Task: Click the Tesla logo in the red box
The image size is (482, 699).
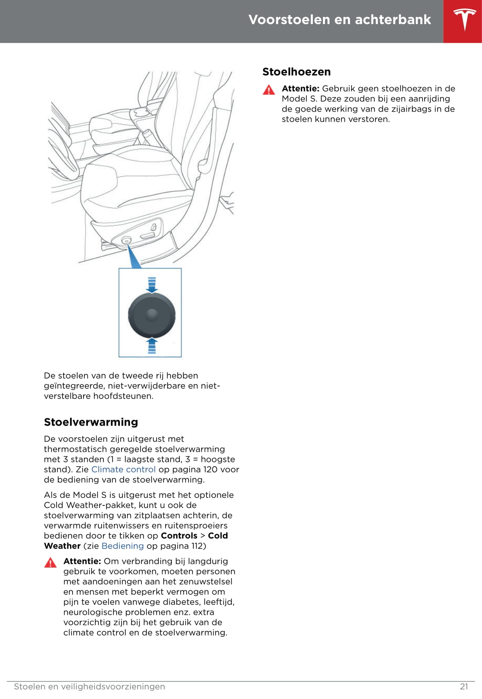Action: (x=465, y=19)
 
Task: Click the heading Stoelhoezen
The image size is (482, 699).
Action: (x=296, y=72)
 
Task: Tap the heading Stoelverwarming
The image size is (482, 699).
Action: (x=91, y=422)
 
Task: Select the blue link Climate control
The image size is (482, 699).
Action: (x=123, y=470)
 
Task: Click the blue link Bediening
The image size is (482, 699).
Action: (x=122, y=546)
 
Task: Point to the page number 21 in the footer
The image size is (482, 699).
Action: (x=464, y=687)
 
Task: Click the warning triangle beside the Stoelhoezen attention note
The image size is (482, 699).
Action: (x=268, y=90)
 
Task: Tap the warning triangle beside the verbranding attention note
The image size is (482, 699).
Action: (x=50, y=563)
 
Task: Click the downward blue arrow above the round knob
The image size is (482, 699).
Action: (x=152, y=285)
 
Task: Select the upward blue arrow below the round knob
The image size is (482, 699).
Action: (x=152, y=345)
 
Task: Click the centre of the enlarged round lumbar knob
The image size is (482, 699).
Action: (x=152, y=315)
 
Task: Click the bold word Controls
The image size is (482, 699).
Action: (x=179, y=536)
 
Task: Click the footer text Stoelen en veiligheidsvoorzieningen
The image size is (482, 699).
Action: (x=89, y=687)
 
